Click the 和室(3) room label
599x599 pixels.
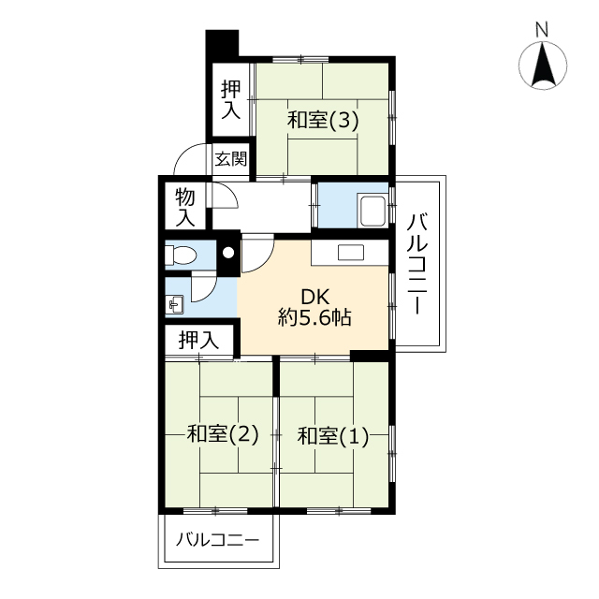[x=323, y=121]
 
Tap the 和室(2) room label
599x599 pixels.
[x=223, y=434]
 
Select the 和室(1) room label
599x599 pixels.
[x=333, y=436]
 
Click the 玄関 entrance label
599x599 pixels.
[x=231, y=158]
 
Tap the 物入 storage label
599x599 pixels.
[x=185, y=208]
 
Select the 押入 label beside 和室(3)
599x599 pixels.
[x=231, y=100]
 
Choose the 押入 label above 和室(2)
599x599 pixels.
[x=198, y=341]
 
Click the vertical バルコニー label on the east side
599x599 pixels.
[x=417, y=264]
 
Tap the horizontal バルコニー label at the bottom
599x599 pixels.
[x=217, y=540]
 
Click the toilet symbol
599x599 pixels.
[x=181, y=255]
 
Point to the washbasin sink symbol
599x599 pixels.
[x=174, y=305]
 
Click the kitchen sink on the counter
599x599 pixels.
[x=351, y=253]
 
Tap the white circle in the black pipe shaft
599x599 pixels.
[x=228, y=253]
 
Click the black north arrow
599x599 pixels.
[x=543, y=65]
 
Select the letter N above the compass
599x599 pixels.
[x=542, y=30]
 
